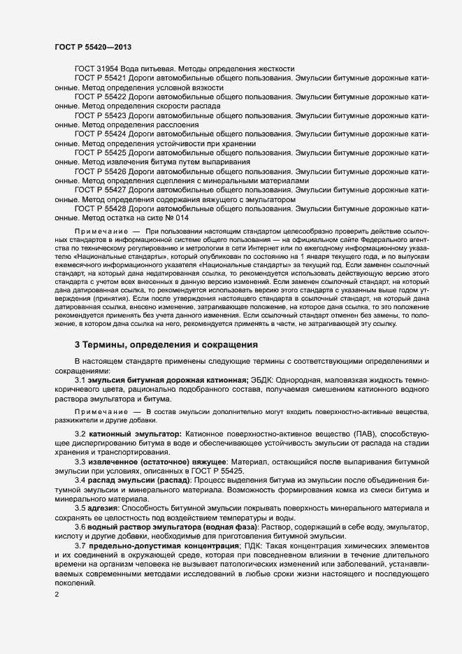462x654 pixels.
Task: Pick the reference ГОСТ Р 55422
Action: click(x=100, y=97)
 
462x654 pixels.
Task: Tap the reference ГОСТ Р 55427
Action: click(x=100, y=190)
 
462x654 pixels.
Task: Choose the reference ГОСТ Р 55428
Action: click(x=100, y=208)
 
